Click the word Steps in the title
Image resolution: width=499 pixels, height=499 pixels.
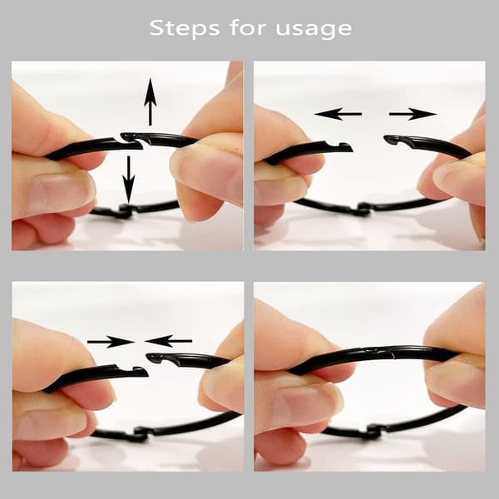click(x=185, y=28)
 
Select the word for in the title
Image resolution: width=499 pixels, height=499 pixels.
click(x=248, y=27)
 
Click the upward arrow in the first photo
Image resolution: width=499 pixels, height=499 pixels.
click(x=151, y=101)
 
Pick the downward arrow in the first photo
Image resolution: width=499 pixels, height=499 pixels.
click(x=129, y=180)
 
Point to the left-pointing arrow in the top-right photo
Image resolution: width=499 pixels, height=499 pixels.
click(x=338, y=114)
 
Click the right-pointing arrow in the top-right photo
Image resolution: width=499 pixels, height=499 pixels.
click(x=413, y=114)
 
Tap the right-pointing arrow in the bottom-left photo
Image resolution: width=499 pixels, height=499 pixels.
click(x=111, y=342)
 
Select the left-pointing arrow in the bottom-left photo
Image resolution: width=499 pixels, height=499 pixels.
click(x=168, y=341)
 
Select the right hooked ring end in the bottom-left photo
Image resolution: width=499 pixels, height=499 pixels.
click(x=156, y=358)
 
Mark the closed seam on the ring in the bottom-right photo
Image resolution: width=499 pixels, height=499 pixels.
click(x=381, y=353)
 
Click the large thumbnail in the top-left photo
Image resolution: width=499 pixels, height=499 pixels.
click(x=58, y=191)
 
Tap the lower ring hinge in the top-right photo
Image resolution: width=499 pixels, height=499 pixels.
click(x=362, y=210)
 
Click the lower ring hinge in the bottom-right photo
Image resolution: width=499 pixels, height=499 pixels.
click(x=376, y=432)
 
